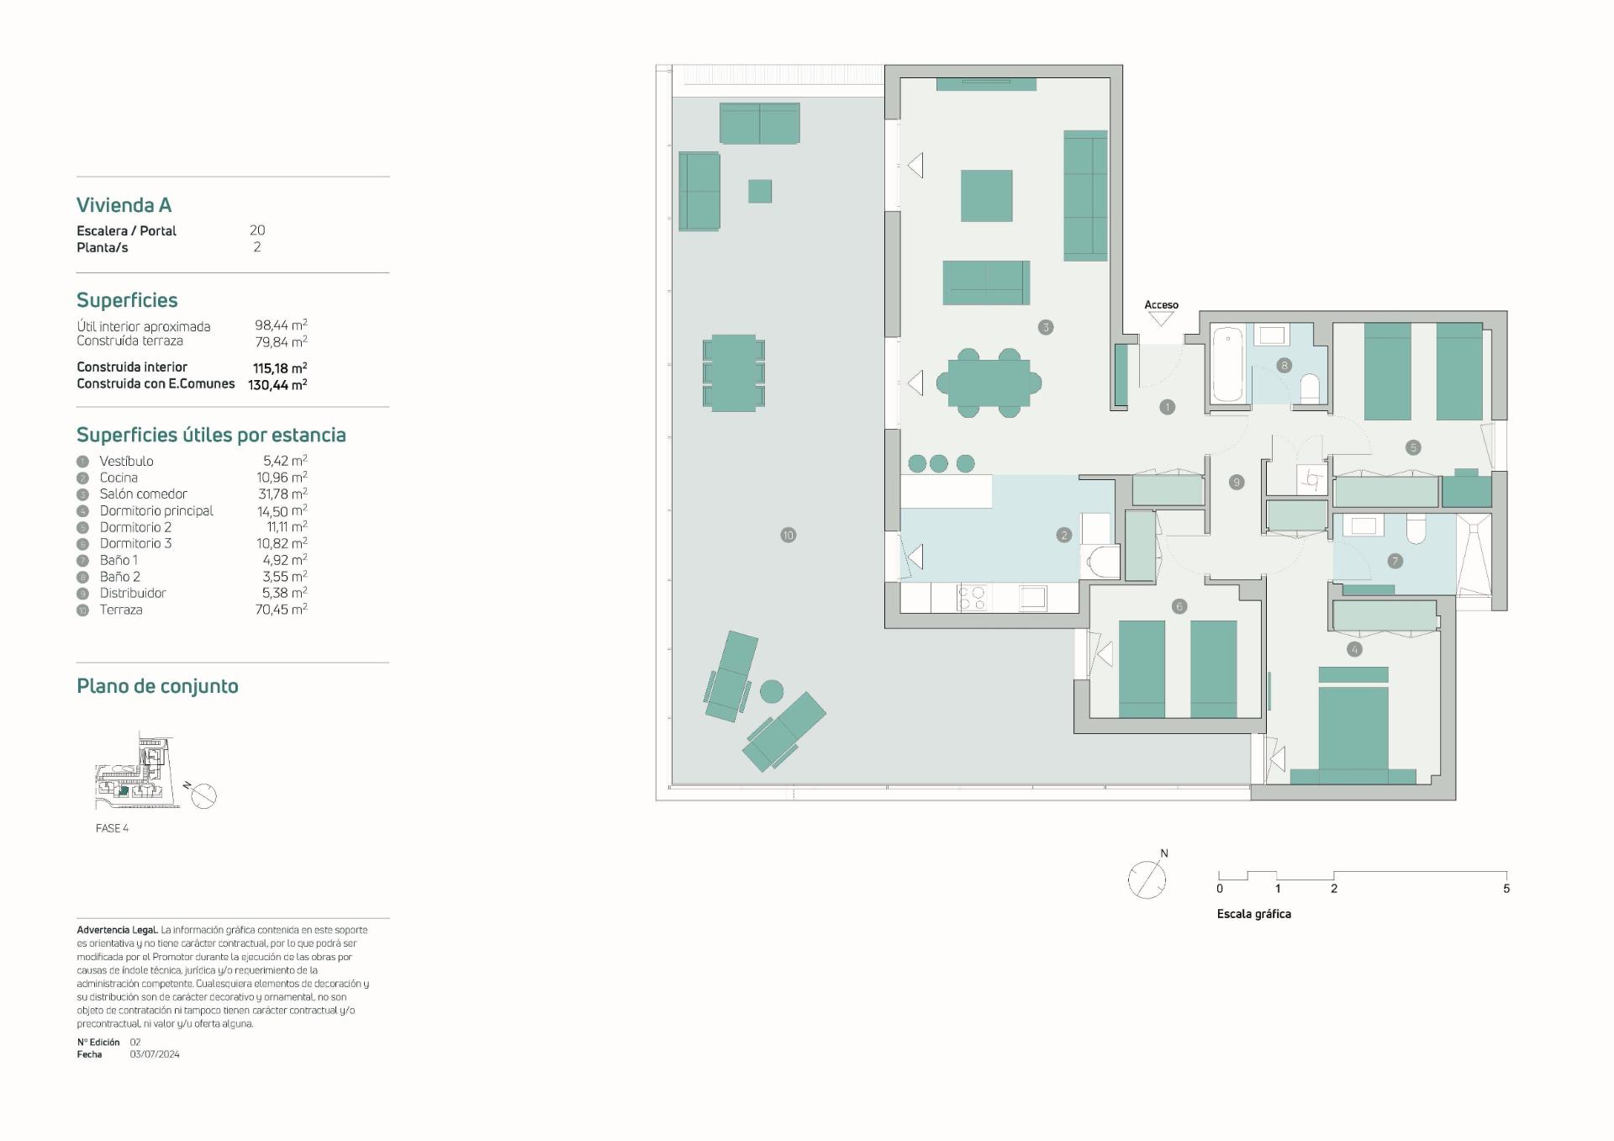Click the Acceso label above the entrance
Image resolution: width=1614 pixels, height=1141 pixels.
1161,305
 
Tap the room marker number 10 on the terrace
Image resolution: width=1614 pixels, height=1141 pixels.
788,535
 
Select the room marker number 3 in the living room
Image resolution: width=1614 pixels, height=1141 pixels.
1046,327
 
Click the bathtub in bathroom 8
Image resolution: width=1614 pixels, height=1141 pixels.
1228,366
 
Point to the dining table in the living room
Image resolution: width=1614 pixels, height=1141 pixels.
989,383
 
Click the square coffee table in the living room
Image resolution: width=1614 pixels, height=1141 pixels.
987,196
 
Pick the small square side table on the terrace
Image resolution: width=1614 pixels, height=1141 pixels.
760,191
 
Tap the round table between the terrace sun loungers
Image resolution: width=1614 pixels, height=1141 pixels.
772,692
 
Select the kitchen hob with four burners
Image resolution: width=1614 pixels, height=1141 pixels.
973,598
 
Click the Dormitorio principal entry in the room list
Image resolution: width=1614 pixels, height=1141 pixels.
156,510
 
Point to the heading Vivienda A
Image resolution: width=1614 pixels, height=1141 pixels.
124,205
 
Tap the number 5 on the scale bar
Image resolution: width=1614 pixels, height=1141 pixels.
1506,889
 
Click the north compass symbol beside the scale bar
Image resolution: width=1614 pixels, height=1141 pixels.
1147,880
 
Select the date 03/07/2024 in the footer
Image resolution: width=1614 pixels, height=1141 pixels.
155,1054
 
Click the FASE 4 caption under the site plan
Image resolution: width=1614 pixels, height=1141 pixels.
112,828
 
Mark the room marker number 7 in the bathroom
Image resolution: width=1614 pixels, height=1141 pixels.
1395,561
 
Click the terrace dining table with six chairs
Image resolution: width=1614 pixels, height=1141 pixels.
733,372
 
